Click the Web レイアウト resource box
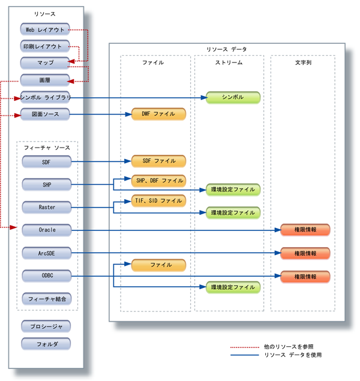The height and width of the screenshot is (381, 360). (46, 29)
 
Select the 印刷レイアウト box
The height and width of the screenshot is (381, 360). (46, 46)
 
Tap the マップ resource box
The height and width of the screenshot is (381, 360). (46, 62)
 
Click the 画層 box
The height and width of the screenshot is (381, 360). (46, 79)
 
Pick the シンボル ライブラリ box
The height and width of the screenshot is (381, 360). (46, 97)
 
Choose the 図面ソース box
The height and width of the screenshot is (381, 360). (46, 114)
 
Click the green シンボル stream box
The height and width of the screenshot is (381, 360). (233, 98)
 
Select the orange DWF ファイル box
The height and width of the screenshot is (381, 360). (159, 114)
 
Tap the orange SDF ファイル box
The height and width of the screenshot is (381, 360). (159, 161)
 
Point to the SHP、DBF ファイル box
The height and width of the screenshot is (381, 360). (159, 180)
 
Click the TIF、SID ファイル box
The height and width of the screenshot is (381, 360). (159, 200)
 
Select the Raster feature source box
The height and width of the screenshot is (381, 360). (47, 207)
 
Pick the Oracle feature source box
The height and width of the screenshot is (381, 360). (47, 230)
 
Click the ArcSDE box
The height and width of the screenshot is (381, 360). (47, 253)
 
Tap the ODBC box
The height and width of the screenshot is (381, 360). (47, 276)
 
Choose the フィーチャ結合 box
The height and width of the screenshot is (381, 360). (47, 298)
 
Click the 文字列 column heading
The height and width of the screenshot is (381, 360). (303, 62)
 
